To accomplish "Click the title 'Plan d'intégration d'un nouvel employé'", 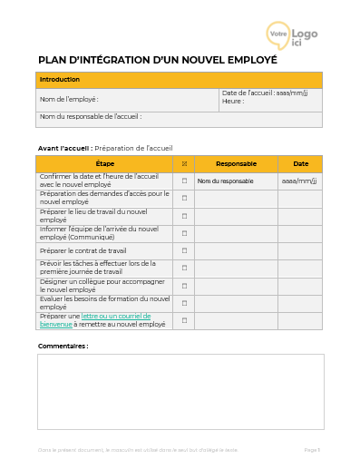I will point(157,60).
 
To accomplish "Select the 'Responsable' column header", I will point(235,163).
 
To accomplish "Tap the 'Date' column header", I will point(300,163).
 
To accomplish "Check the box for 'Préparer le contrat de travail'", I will point(184,250).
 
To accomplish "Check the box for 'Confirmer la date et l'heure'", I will point(184,181).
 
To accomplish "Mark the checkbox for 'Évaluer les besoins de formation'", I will point(184,303).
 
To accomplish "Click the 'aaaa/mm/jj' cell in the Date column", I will point(300,181).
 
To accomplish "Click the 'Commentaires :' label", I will point(63,346).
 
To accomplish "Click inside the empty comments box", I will point(180,391).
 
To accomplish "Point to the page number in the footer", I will point(312,450).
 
